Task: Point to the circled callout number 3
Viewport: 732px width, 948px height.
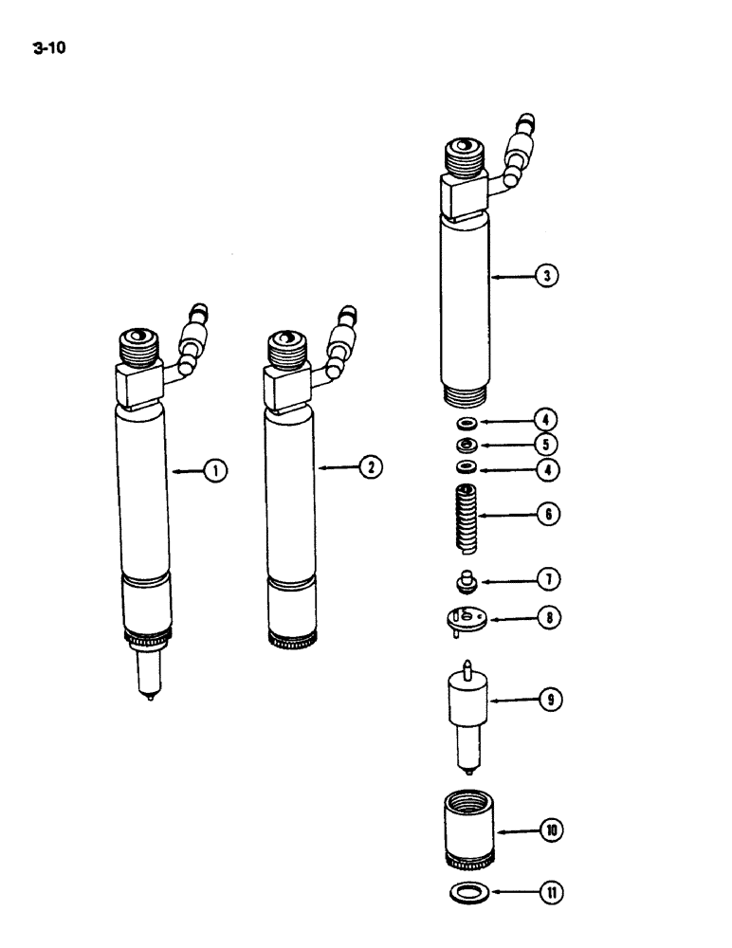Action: (x=547, y=277)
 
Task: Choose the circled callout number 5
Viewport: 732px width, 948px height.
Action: (x=547, y=445)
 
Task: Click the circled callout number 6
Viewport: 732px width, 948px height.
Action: (x=547, y=515)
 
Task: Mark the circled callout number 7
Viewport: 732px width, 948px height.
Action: (x=547, y=578)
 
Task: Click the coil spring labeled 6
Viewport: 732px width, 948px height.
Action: (x=465, y=518)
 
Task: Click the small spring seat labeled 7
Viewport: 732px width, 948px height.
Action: (x=466, y=577)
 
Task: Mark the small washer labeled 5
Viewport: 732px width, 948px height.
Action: (x=466, y=445)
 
